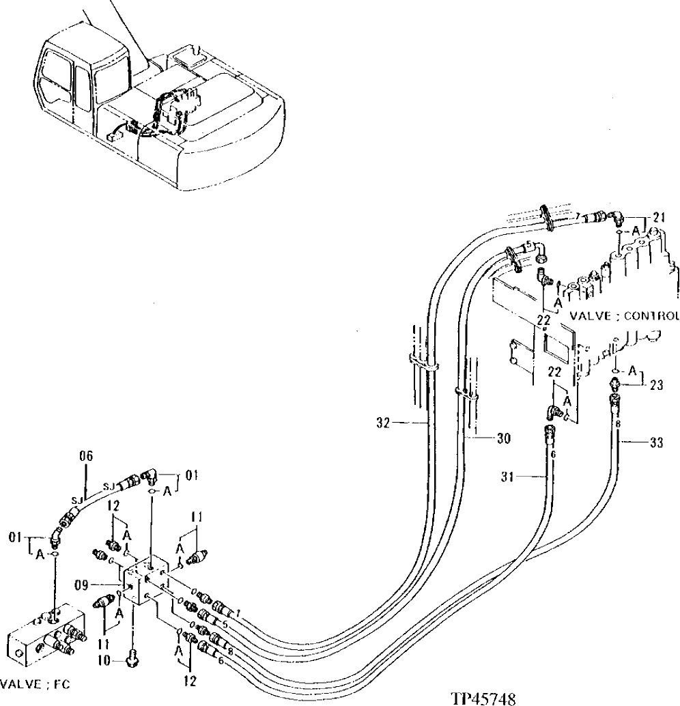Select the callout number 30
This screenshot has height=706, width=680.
point(504,439)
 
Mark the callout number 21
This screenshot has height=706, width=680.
point(658,217)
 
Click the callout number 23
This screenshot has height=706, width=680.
point(657,384)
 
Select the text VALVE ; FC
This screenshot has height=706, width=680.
point(36,683)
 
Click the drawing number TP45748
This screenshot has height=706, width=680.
point(483,698)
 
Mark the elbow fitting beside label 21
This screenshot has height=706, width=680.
point(617,217)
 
